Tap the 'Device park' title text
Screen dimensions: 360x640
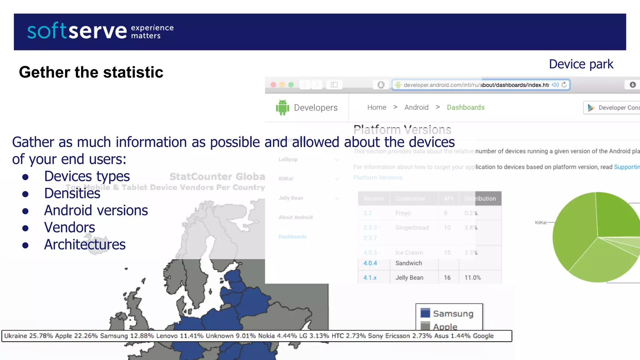point(581,64)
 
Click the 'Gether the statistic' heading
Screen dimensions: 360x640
point(91,72)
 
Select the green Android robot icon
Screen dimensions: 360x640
point(282,107)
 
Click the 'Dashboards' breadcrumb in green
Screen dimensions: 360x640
point(465,107)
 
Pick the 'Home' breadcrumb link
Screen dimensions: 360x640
point(377,107)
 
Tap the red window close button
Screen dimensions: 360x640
point(273,85)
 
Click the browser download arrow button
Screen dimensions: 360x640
point(632,85)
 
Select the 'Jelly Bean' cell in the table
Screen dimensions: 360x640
point(409,277)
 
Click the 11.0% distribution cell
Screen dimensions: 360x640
point(472,277)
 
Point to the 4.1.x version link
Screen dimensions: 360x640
point(370,277)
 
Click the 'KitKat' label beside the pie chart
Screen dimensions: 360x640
point(540,222)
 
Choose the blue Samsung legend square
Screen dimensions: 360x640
point(425,313)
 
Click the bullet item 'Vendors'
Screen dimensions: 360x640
point(69,227)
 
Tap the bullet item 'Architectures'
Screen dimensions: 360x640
point(85,245)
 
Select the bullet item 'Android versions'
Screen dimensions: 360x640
point(96,210)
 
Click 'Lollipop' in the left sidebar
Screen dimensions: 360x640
point(288,159)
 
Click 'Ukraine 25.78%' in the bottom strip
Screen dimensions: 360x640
point(28,336)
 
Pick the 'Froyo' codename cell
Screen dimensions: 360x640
point(403,213)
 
